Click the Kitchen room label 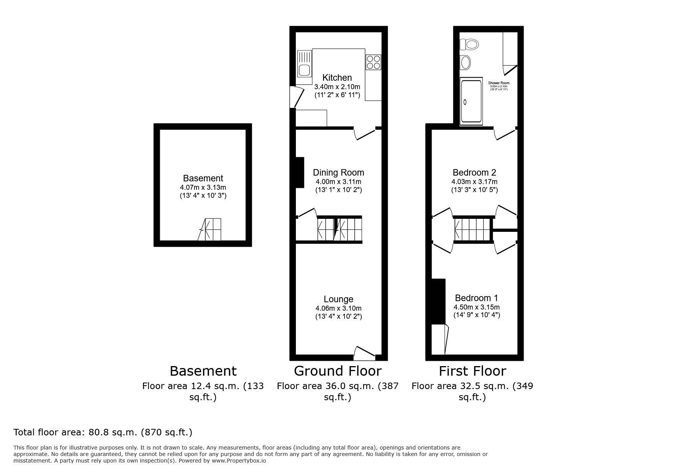pos(337,77)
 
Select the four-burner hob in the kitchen pos(373,62)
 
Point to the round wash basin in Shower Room pos(465,62)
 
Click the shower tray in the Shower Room pos(471,102)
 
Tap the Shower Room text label pos(498,83)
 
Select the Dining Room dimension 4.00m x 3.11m pos(338,182)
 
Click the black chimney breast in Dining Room pos(299,172)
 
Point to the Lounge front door pos(364,353)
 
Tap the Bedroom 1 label pos(476,298)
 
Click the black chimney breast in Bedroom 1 pos(438,301)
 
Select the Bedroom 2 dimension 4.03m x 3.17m pos(474,182)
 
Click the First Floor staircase pos(472,229)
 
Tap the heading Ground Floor pos(337,371)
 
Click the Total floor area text pos(102,432)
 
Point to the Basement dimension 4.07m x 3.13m pos(203,187)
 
